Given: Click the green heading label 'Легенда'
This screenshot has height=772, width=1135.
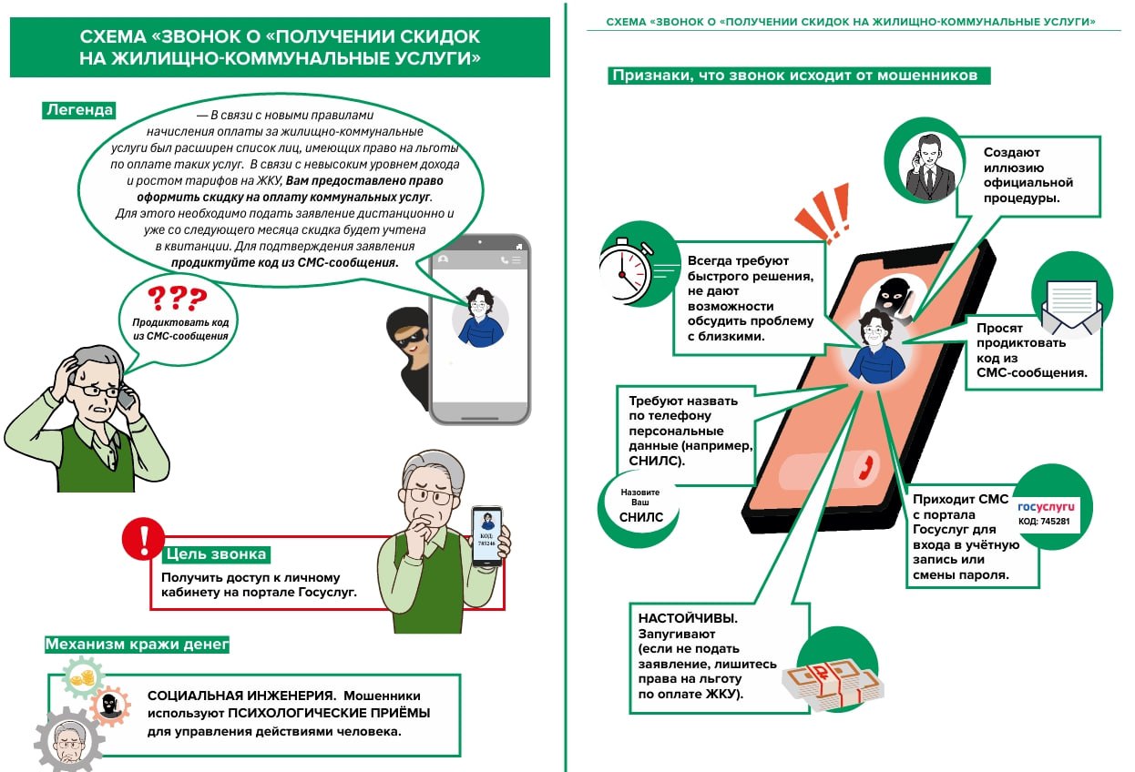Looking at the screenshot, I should tap(79, 110).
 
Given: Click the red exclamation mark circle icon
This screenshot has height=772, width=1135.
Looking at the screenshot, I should tap(143, 538).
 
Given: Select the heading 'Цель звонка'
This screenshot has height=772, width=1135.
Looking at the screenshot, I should tap(216, 554).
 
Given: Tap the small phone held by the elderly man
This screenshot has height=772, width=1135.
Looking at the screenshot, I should tap(486, 536).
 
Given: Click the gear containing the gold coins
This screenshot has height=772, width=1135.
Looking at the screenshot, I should tap(84, 678).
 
